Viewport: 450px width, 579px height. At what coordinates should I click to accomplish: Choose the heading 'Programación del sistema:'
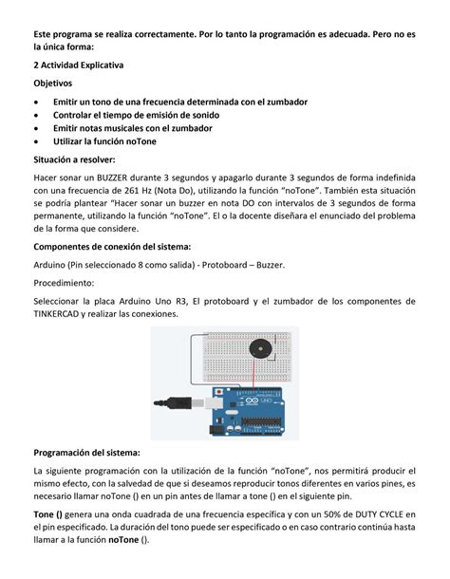tap(86, 452)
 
